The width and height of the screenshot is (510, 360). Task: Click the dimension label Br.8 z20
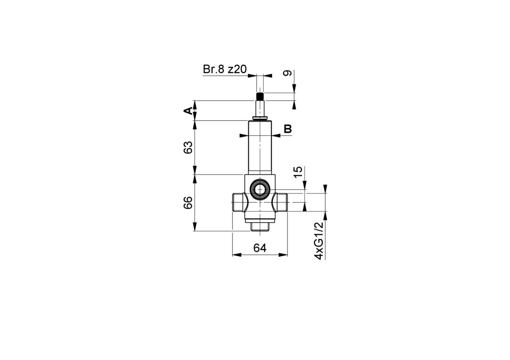pyautogui.click(x=225, y=69)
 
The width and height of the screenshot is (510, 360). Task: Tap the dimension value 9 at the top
pyautogui.click(x=287, y=74)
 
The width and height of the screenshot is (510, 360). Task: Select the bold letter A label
pyautogui.click(x=188, y=111)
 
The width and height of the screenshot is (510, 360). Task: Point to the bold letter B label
pyautogui.click(x=288, y=129)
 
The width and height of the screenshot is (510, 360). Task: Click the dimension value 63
pyautogui.click(x=188, y=148)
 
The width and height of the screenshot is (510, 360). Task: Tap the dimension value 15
pyautogui.click(x=298, y=172)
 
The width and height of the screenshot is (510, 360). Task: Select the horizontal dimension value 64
pyautogui.click(x=260, y=248)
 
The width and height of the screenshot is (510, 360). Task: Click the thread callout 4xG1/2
pyautogui.click(x=319, y=241)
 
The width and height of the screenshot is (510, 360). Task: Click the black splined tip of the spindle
pyautogui.click(x=260, y=97)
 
